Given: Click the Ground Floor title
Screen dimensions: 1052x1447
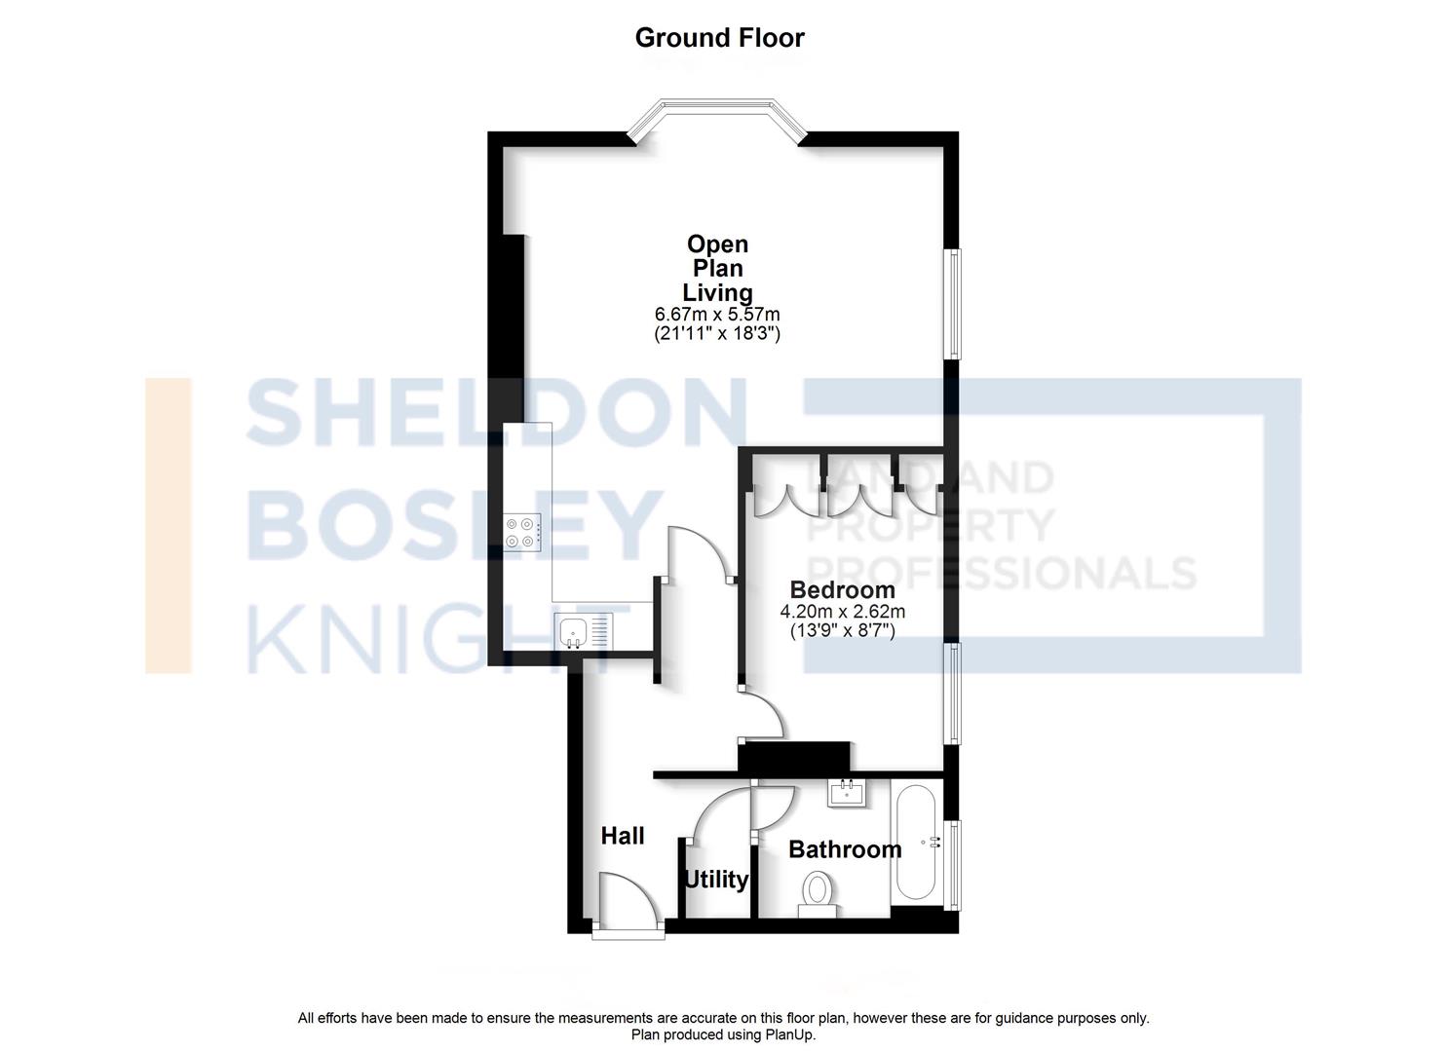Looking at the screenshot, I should pyautogui.click(x=719, y=38).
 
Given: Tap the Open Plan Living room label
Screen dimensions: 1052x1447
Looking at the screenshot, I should pyautogui.click(x=717, y=268).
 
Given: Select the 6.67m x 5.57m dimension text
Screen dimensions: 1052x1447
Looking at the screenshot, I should pyautogui.click(x=717, y=315).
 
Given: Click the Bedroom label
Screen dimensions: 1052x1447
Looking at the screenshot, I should pyautogui.click(x=842, y=589).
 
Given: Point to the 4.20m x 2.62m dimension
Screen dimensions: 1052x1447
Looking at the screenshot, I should pyautogui.click(x=842, y=612).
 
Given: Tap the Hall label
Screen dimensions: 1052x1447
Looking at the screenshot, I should pyautogui.click(x=623, y=836).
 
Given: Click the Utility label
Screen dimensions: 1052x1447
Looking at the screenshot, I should pyautogui.click(x=716, y=880).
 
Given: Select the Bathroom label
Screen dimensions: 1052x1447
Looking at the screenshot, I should pyautogui.click(x=845, y=849).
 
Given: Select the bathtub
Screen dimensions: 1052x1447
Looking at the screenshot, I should pyautogui.click(x=915, y=843).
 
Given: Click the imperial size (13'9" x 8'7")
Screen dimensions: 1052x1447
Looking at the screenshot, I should pyautogui.click(x=842, y=630).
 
